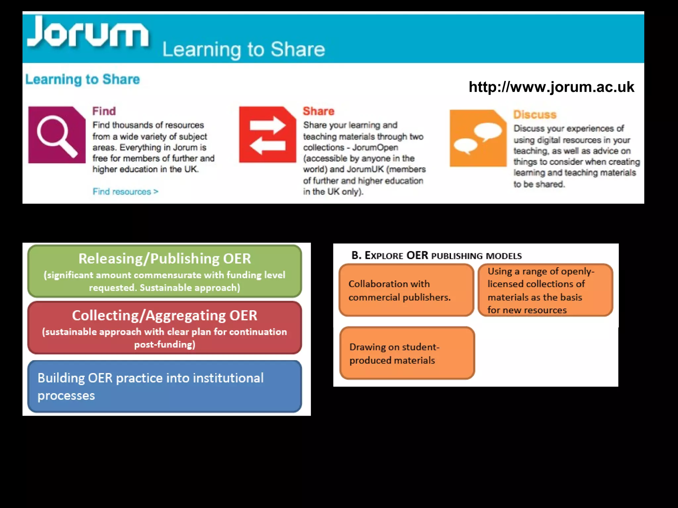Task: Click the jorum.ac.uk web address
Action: [551, 87]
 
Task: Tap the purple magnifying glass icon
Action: [57, 135]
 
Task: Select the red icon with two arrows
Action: [267, 135]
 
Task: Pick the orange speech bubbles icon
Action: [478, 138]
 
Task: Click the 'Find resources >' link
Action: [125, 192]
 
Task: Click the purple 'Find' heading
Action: [104, 111]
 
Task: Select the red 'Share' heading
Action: [318, 111]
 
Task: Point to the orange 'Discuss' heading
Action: [535, 115]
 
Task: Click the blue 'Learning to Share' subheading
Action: [83, 80]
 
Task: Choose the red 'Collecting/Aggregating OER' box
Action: [165, 328]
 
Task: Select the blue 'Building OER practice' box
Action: [165, 386]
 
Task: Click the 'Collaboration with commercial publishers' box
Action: [407, 290]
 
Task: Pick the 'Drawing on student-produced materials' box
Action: [407, 353]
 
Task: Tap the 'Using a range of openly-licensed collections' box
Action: [545, 290]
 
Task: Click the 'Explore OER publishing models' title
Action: [436, 256]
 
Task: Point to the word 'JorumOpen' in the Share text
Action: [375, 148]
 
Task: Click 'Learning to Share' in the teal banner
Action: [244, 50]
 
